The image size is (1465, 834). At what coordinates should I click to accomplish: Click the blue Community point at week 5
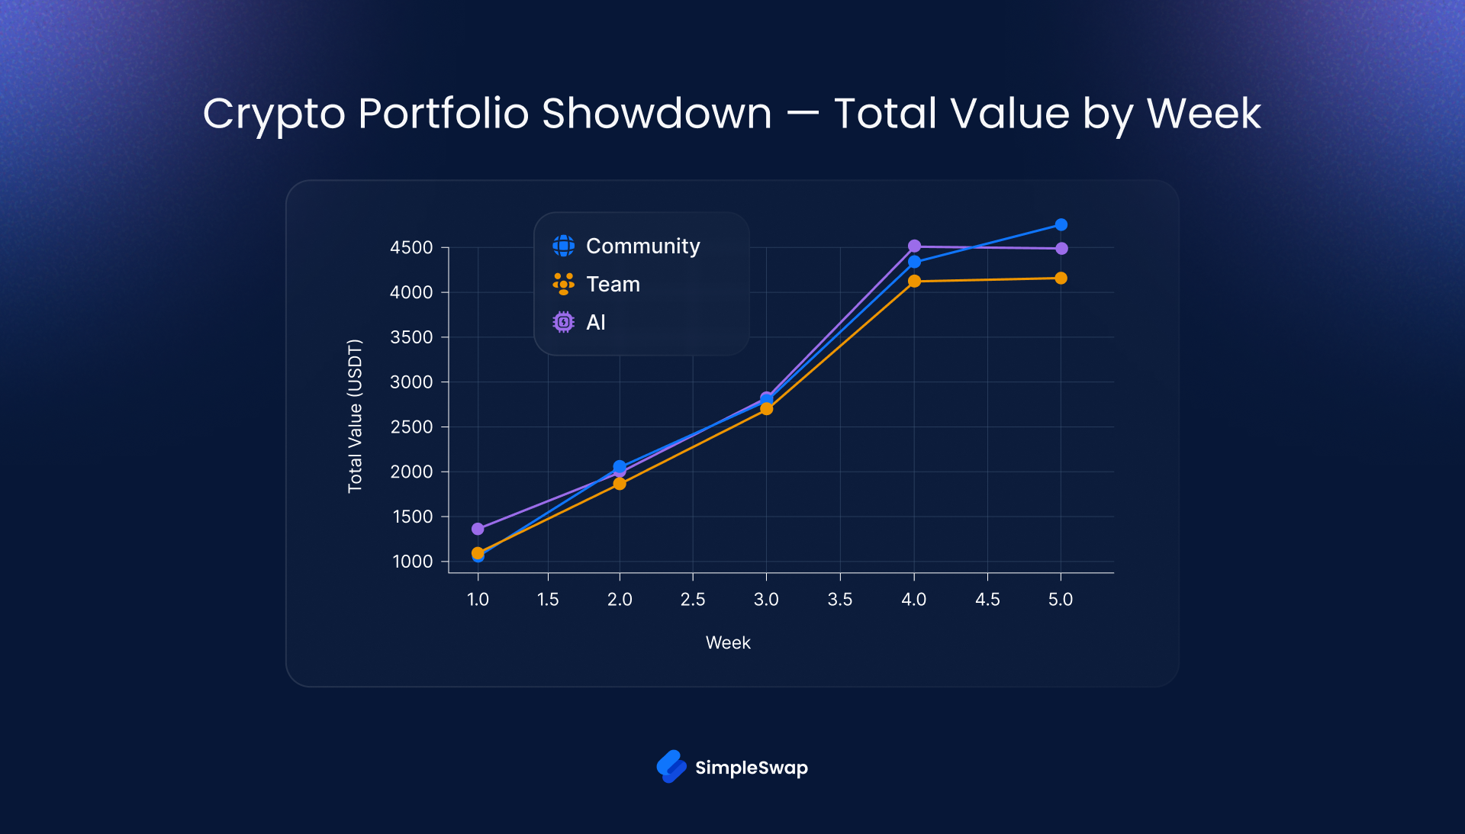(x=1061, y=225)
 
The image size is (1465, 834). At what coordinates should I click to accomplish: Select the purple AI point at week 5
(x=1061, y=249)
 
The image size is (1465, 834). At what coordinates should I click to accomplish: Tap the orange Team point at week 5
(x=1061, y=279)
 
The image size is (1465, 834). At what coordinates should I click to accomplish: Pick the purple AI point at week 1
(x=478, y=529)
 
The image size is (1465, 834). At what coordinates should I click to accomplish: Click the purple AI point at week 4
(x=914, y=246)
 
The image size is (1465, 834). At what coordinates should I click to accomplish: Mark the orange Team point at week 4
(x=914, y=282)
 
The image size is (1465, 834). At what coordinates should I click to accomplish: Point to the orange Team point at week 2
(x=620, y=484)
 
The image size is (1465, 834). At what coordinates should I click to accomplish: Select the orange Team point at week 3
(x=767, y=409)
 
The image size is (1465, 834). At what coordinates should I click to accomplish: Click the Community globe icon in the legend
(x=563, y=246)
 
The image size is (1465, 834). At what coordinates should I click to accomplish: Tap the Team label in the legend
(x=613, y=285)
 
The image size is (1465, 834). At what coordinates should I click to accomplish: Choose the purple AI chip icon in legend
(x=563, y=323)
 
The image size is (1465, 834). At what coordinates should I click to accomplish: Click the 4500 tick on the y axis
(x=411, y=248)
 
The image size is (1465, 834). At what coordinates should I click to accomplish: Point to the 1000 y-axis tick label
(x=412, y=562)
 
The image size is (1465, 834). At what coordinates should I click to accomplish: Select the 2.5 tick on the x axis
(x=693, y=600)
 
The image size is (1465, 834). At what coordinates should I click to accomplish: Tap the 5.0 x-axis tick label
(x=1061, y=600)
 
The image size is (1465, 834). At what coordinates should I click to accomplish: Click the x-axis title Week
(x=728, y=643)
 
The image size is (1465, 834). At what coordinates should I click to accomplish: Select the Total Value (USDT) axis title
(x=355, y=416)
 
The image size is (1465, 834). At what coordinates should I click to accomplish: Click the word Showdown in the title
(x=656, y=114)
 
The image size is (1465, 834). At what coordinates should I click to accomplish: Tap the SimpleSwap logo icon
(x=671, y=767)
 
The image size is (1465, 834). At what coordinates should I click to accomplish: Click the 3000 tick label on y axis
(x=411, y=382)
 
